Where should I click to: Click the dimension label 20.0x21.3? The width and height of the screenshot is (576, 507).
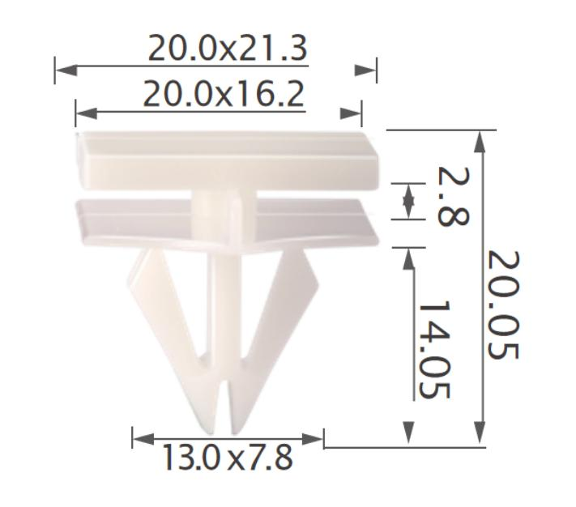pyautogui.click(x=227, y=50)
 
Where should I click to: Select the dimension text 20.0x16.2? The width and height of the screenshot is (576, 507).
pyautogui.click(x=224, y=95)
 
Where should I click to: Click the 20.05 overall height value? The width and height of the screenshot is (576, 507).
pyautogui.click(x=504, y=305)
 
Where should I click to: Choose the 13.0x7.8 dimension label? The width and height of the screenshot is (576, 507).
pyautogui.click(x=226, y=458)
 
